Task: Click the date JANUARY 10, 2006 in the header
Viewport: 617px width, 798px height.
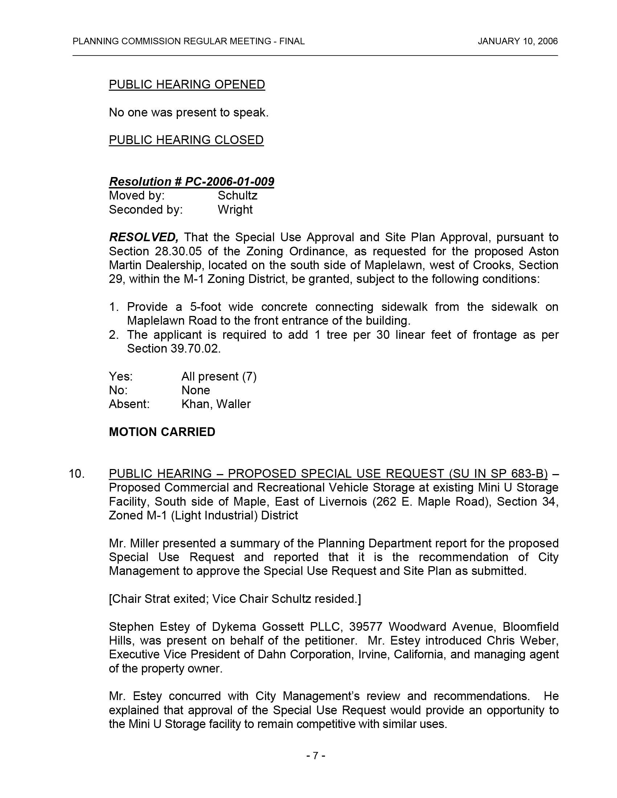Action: point(518,41)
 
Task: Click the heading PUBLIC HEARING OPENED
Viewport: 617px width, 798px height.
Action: point(187,85)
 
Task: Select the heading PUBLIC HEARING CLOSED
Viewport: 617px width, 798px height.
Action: point(186,140)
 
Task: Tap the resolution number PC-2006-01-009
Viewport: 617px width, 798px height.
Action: point(229,182)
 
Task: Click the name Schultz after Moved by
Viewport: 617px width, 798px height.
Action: point(238,196)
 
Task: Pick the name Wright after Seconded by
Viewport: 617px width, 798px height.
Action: point(235,209)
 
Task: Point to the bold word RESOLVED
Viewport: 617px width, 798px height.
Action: point(143,238)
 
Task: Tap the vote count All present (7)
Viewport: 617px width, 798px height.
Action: point(219,377)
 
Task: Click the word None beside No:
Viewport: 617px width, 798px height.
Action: point(196,390)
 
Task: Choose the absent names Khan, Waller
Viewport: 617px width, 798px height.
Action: point(216,404)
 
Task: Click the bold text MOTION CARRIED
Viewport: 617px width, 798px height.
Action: point(162,432)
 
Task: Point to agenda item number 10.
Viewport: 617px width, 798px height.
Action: point(76,474)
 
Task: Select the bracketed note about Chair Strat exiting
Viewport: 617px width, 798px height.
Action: point(235,599)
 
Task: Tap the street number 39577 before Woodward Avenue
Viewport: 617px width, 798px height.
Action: point(365,627)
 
